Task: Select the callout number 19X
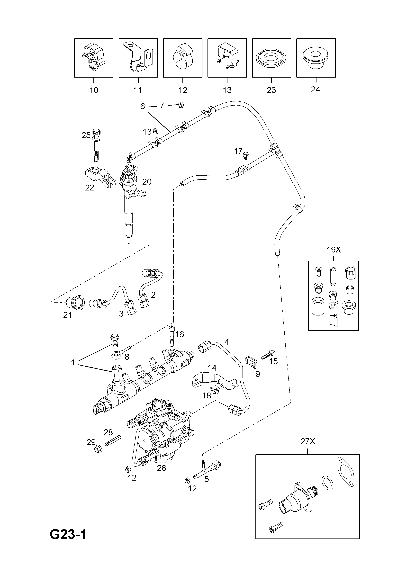coord(334,250)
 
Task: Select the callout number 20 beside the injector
coord(147,182)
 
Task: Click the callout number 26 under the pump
coord(162,468)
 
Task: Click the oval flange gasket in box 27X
coord(346,472)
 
